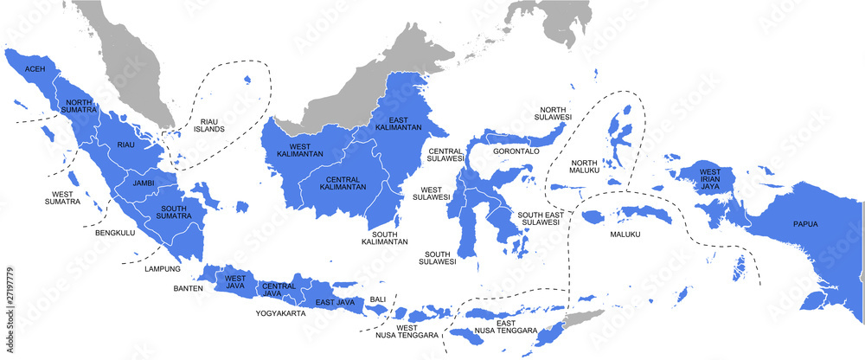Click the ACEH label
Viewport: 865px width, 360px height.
click(35, 68)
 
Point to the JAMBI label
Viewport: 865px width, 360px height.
click(143, 183)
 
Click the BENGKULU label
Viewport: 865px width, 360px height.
click(114, 233)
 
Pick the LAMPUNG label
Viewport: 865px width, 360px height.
click(163, 269)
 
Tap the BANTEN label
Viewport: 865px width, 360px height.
click(188, 288)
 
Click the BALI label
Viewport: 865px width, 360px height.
click(378, 299)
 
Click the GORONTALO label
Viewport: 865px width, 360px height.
click(516, 151)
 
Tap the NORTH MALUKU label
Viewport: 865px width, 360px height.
click(584, 168)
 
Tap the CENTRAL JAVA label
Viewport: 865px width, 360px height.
click(279, 290)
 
